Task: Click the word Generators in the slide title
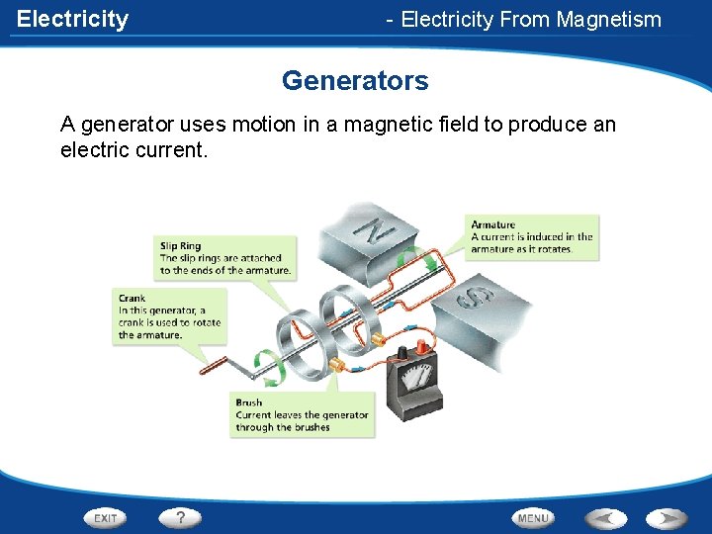click(x=355, y=80)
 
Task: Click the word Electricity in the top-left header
click(x=72, y=19)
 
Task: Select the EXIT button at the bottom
click(x=105, y=517)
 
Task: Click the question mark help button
click(x=180, y=517)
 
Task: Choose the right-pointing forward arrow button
click(x=667, y=517)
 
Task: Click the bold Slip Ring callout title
click(x=180, y=246)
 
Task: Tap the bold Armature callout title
click(x=492, y=224)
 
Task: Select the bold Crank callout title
click(x=132, y=298)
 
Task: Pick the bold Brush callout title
click(x=248, y=402)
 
